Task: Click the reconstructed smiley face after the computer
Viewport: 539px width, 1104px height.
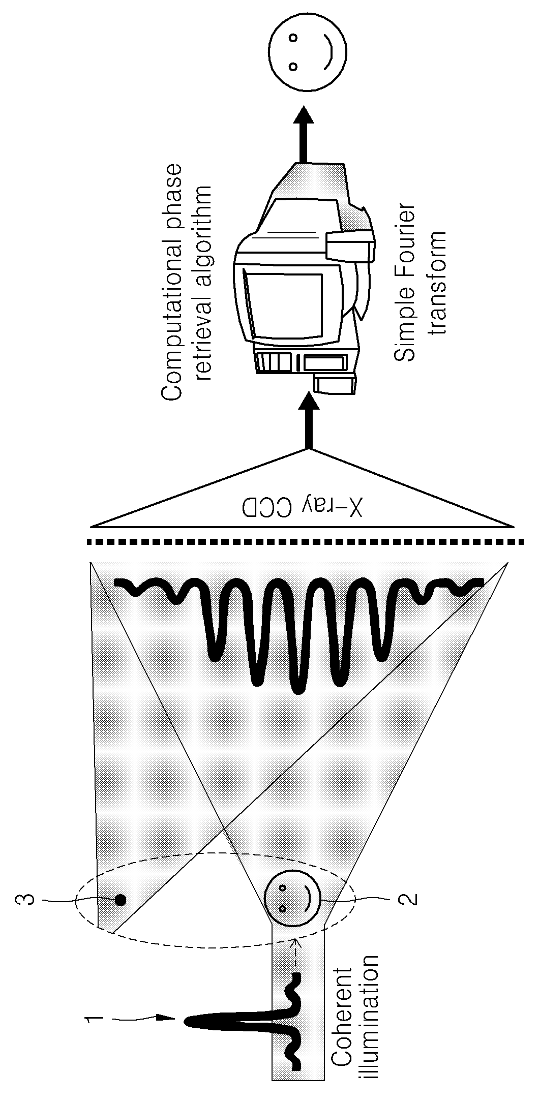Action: [309, 52]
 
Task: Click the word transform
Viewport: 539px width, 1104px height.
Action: [435, 282]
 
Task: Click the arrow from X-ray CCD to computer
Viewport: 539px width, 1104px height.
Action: [307, 421]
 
